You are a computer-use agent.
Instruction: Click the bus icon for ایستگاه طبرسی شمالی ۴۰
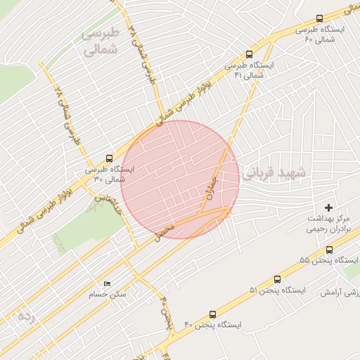[x=319, y=19]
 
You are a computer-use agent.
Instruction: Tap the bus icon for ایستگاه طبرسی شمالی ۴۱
[x=250, y=54]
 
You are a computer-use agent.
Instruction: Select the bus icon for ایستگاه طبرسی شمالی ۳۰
[x=108, y=158]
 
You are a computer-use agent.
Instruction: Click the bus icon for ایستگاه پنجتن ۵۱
[x=278, y=278]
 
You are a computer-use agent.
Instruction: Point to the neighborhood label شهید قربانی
[x=273, y=173]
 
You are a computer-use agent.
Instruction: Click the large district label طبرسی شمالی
[x=101, y=42]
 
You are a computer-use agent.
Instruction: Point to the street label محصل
[x=164, y=229]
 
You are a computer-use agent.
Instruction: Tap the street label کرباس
[x=108, y=205]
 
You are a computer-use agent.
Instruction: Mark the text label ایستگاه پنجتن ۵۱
[x=278, y=290]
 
